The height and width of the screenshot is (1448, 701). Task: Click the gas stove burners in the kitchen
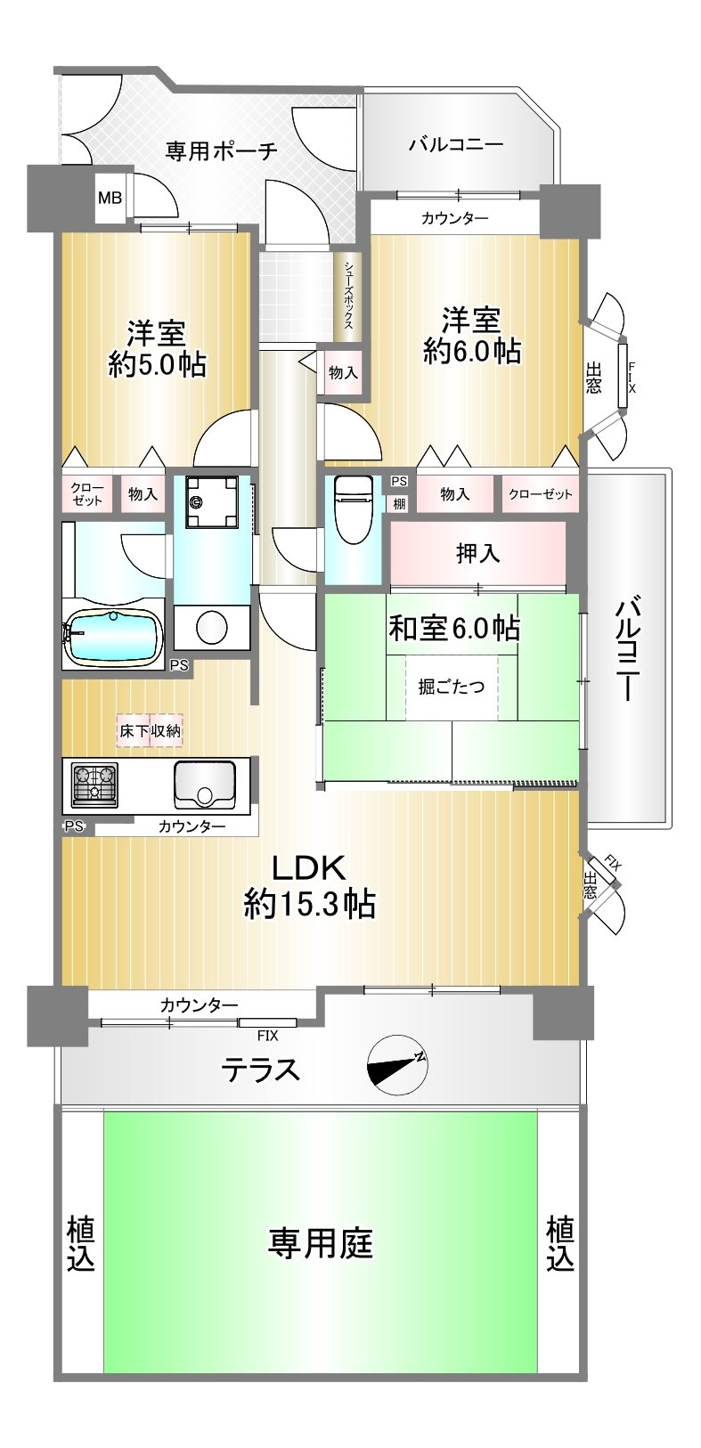pos(94,785)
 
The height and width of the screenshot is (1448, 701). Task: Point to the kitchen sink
pos(203,785)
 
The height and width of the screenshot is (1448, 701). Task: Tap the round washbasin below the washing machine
pos(212,626)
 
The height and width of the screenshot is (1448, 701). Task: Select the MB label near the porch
pos(110,198)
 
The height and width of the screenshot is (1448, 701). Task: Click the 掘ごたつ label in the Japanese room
pos(452,687)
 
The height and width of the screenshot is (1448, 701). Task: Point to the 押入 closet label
pos(478,553)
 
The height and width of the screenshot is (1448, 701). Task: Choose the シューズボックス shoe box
pos(348,296)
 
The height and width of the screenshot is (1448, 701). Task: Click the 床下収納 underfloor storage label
pos(150,731)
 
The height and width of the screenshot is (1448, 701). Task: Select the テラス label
pos(261,1070)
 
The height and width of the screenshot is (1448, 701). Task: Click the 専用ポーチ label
pos(222,150)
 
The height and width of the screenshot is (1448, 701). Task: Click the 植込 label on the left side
pos(81,1244)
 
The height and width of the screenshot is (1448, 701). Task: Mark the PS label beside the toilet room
pos(400,481)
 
